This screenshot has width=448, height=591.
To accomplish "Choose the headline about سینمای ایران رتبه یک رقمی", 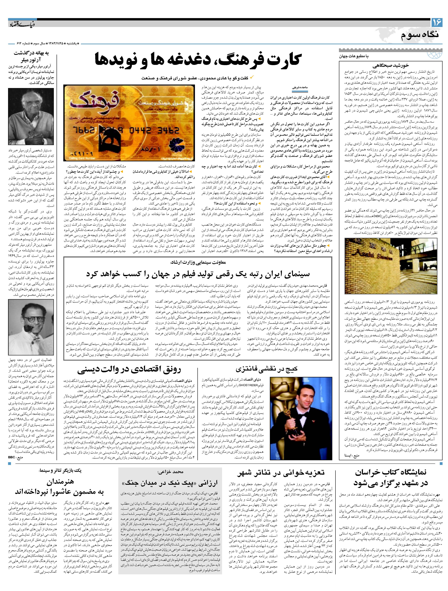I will click(198, 274).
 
